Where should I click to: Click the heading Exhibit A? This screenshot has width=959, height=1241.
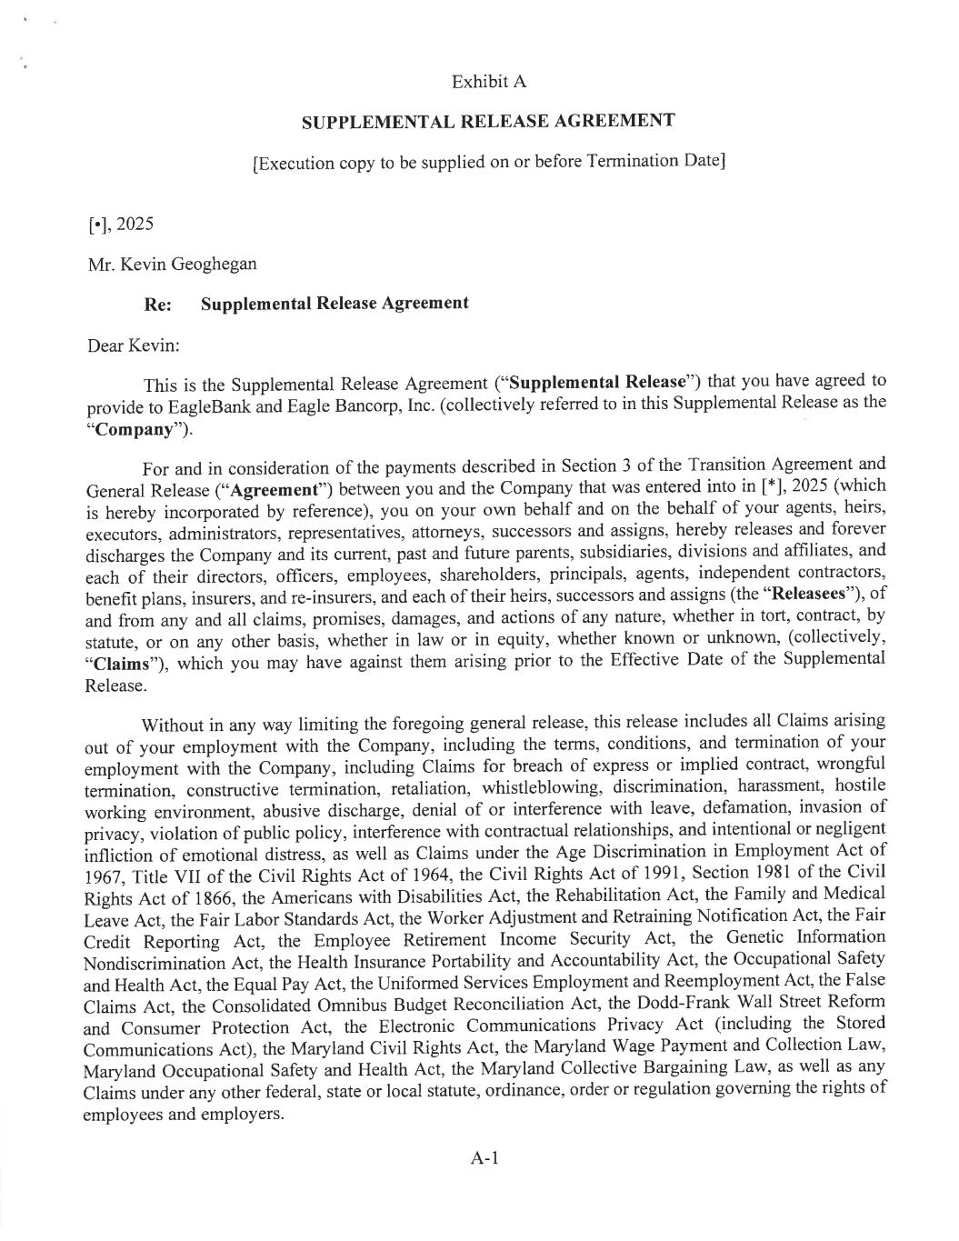pos(488,82)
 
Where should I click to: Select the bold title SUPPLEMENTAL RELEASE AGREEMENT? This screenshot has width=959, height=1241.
pos(488,121)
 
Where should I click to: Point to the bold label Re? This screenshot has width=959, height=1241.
pos(158,305)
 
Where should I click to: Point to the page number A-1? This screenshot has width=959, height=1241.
pos(485,1158)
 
